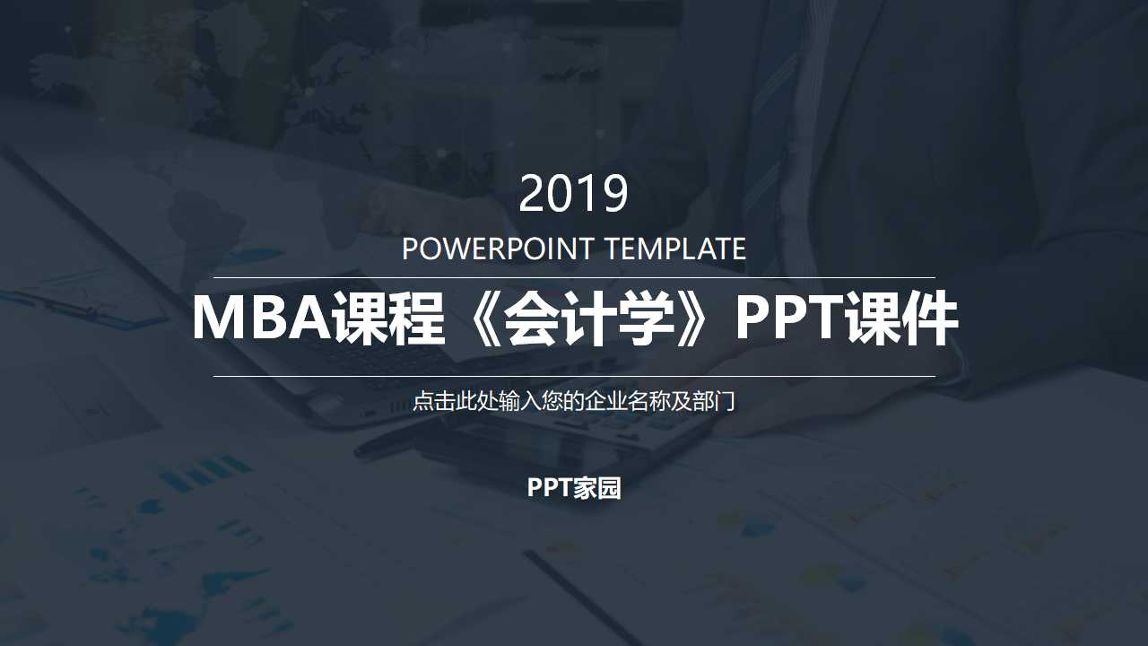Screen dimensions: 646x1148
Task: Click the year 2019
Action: (574, 194)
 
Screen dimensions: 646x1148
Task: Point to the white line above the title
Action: (574, 277)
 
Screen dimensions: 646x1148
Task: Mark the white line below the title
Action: (574, 376)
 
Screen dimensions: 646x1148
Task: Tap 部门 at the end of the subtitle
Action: (716, 401)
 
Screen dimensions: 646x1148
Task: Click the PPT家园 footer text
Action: (574, 488)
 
